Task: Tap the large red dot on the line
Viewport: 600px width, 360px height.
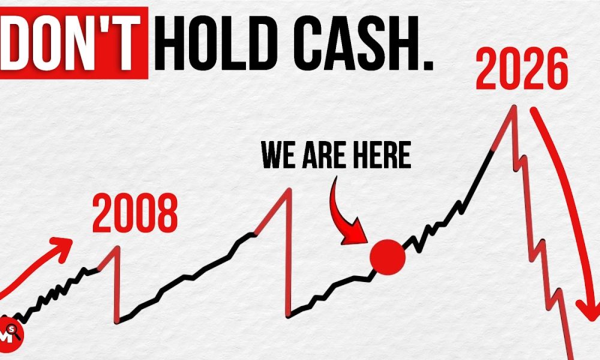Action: coord(388,256)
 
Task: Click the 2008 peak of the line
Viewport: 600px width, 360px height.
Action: coord(118,247)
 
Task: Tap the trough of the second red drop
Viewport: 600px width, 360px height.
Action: coord(290,314)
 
